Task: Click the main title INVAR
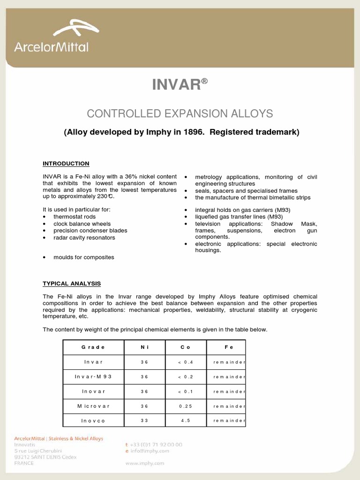pyautogui.click(x=176, y=85)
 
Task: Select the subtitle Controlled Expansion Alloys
pyautogui.click(x=180, y=113)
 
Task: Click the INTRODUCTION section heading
pyautogui.click(x=66, y=164)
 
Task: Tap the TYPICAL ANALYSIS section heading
pyautogui.click(x=72, y=284)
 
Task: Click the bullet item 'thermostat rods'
pyautogui.click(x=75, y=217)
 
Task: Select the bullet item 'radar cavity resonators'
pyautogui.click(x=84, y=238)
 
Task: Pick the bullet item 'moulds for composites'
pyautogui.click(x=83, y=257)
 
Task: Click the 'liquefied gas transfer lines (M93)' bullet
pyautogui.click(x=239, y=217)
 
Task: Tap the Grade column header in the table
pyautogui.click(x=93, y=347)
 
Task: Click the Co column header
pyautogui.click(x=186, y=347)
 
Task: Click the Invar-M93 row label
pyautogui.click(x=93, y=377)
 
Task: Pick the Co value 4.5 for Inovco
pyautogui.click(x=186, y=420)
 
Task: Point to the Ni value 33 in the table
pyautogui.click(x=144, y=420)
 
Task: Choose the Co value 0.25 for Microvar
pyautogui.click(x=186, y=406)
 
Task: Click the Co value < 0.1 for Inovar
pyautogui.click(x=186, y=391)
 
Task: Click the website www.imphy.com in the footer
pyautogui.click(x=145, y=463)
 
